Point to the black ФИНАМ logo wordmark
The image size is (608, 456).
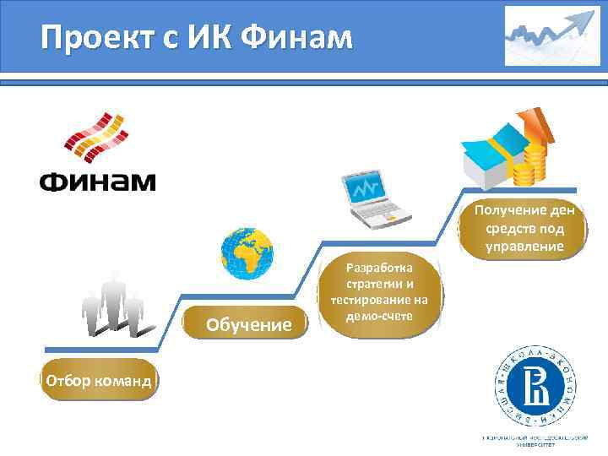(97, 181)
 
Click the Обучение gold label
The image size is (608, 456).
(249, 324)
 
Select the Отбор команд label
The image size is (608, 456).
(99, 381)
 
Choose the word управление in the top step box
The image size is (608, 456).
(524, 246)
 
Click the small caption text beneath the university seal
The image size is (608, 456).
(535, 440)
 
